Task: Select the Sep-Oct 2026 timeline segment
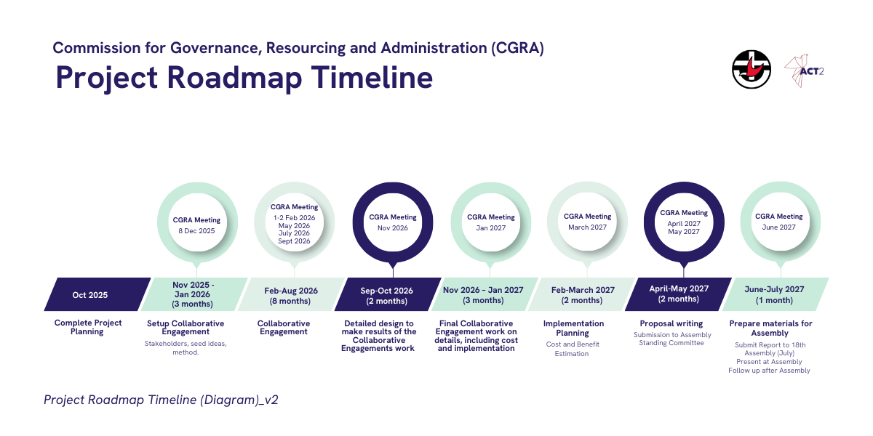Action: coord(387,295)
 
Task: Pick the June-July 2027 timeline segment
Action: coord(775,294)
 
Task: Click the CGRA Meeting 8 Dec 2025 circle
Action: coord(197,222)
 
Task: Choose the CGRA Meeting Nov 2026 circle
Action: coord(393,222)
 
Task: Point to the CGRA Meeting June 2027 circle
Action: coord(779,222)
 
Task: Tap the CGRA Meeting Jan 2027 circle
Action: coord(491,222)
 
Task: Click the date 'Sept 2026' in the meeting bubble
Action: coord(295,241)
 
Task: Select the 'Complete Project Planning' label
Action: coord(88,327)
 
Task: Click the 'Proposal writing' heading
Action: coord(671,323)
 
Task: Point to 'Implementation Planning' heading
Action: coord(573,328)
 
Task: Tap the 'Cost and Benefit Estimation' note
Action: coord(573,349)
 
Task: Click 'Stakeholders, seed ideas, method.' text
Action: coord(186,347)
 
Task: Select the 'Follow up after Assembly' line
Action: coord(769,371)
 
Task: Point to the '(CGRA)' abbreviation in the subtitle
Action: coord(518,49)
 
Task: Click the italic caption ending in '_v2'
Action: coord(161,400)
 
